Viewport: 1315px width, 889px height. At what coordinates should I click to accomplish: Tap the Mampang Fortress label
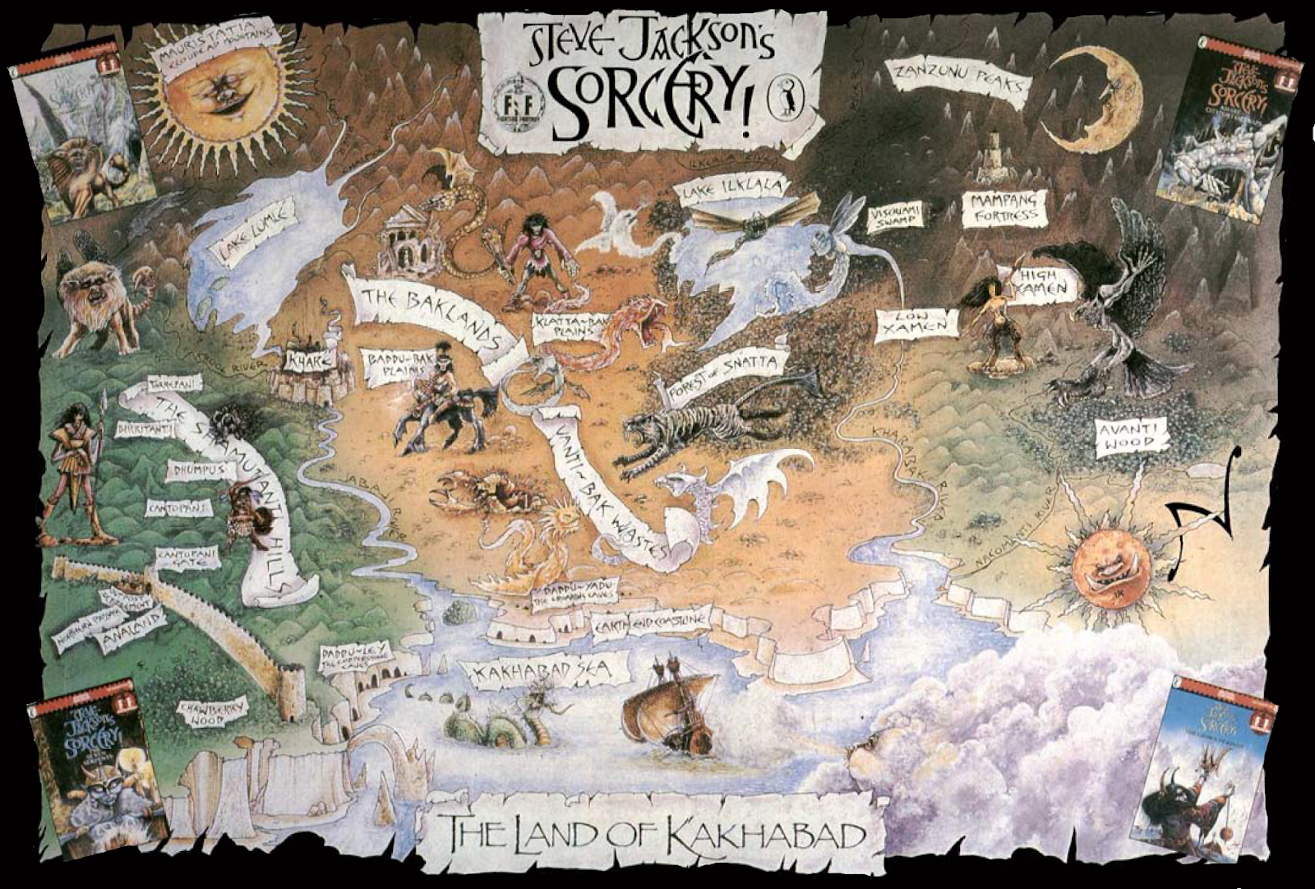pyautogui.click(x=1004, y=208)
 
